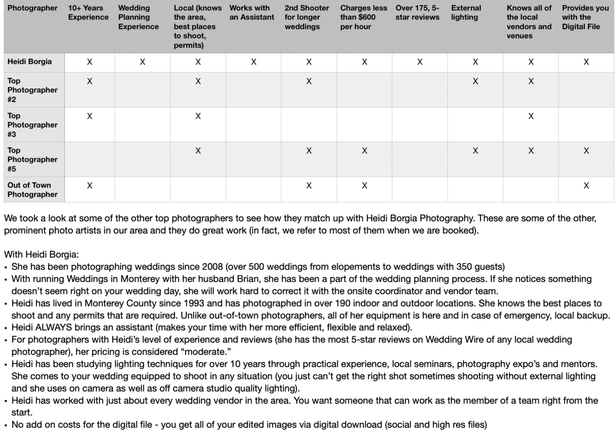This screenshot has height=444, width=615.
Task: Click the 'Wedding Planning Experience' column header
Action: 138,17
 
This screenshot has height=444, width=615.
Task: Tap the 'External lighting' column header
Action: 466,12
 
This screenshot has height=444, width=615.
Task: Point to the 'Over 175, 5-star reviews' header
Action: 418,12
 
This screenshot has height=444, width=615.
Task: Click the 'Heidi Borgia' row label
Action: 29,61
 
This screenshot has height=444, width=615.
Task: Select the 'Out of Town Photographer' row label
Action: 32,189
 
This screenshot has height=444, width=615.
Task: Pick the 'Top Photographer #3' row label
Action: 32,125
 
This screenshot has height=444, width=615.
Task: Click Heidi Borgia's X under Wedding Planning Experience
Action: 142,62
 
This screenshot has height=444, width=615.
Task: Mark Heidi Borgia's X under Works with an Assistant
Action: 253,62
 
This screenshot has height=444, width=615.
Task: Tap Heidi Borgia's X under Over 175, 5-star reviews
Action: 420,62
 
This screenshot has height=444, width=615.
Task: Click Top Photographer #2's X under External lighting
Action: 475,81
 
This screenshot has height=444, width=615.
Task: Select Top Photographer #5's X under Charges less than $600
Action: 364,151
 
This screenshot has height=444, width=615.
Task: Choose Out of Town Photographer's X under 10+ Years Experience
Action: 90,185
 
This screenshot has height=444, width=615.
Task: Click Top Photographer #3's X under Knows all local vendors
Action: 531,116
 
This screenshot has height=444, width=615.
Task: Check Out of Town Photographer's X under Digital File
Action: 586,185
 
